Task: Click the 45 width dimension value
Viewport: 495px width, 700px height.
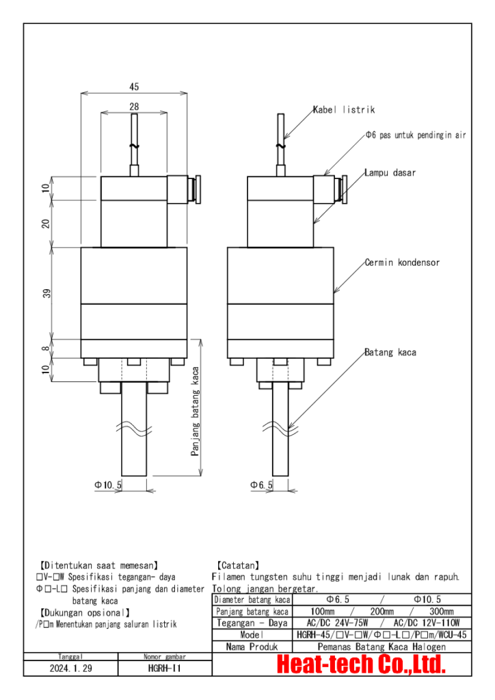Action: point(134,87)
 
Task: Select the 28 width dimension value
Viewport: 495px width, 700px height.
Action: point(134,107)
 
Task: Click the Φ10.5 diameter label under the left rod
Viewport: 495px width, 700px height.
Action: point(108,484)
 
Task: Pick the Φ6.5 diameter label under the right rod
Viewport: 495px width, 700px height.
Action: point(260,484)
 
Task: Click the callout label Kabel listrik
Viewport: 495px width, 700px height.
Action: point(344,109)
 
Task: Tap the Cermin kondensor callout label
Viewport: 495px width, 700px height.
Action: point(401,262)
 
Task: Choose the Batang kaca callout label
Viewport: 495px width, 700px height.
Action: point(390,352)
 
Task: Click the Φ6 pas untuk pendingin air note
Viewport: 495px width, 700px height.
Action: point(416,135)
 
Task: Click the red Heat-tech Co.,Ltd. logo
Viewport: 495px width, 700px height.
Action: point(361,664)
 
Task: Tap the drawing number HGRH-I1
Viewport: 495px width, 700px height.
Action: point(164,668)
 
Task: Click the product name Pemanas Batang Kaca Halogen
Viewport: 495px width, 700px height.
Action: point(382,646)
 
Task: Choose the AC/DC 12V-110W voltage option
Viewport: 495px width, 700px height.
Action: point(427,623)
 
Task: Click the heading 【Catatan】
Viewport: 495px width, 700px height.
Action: point(237,565)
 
